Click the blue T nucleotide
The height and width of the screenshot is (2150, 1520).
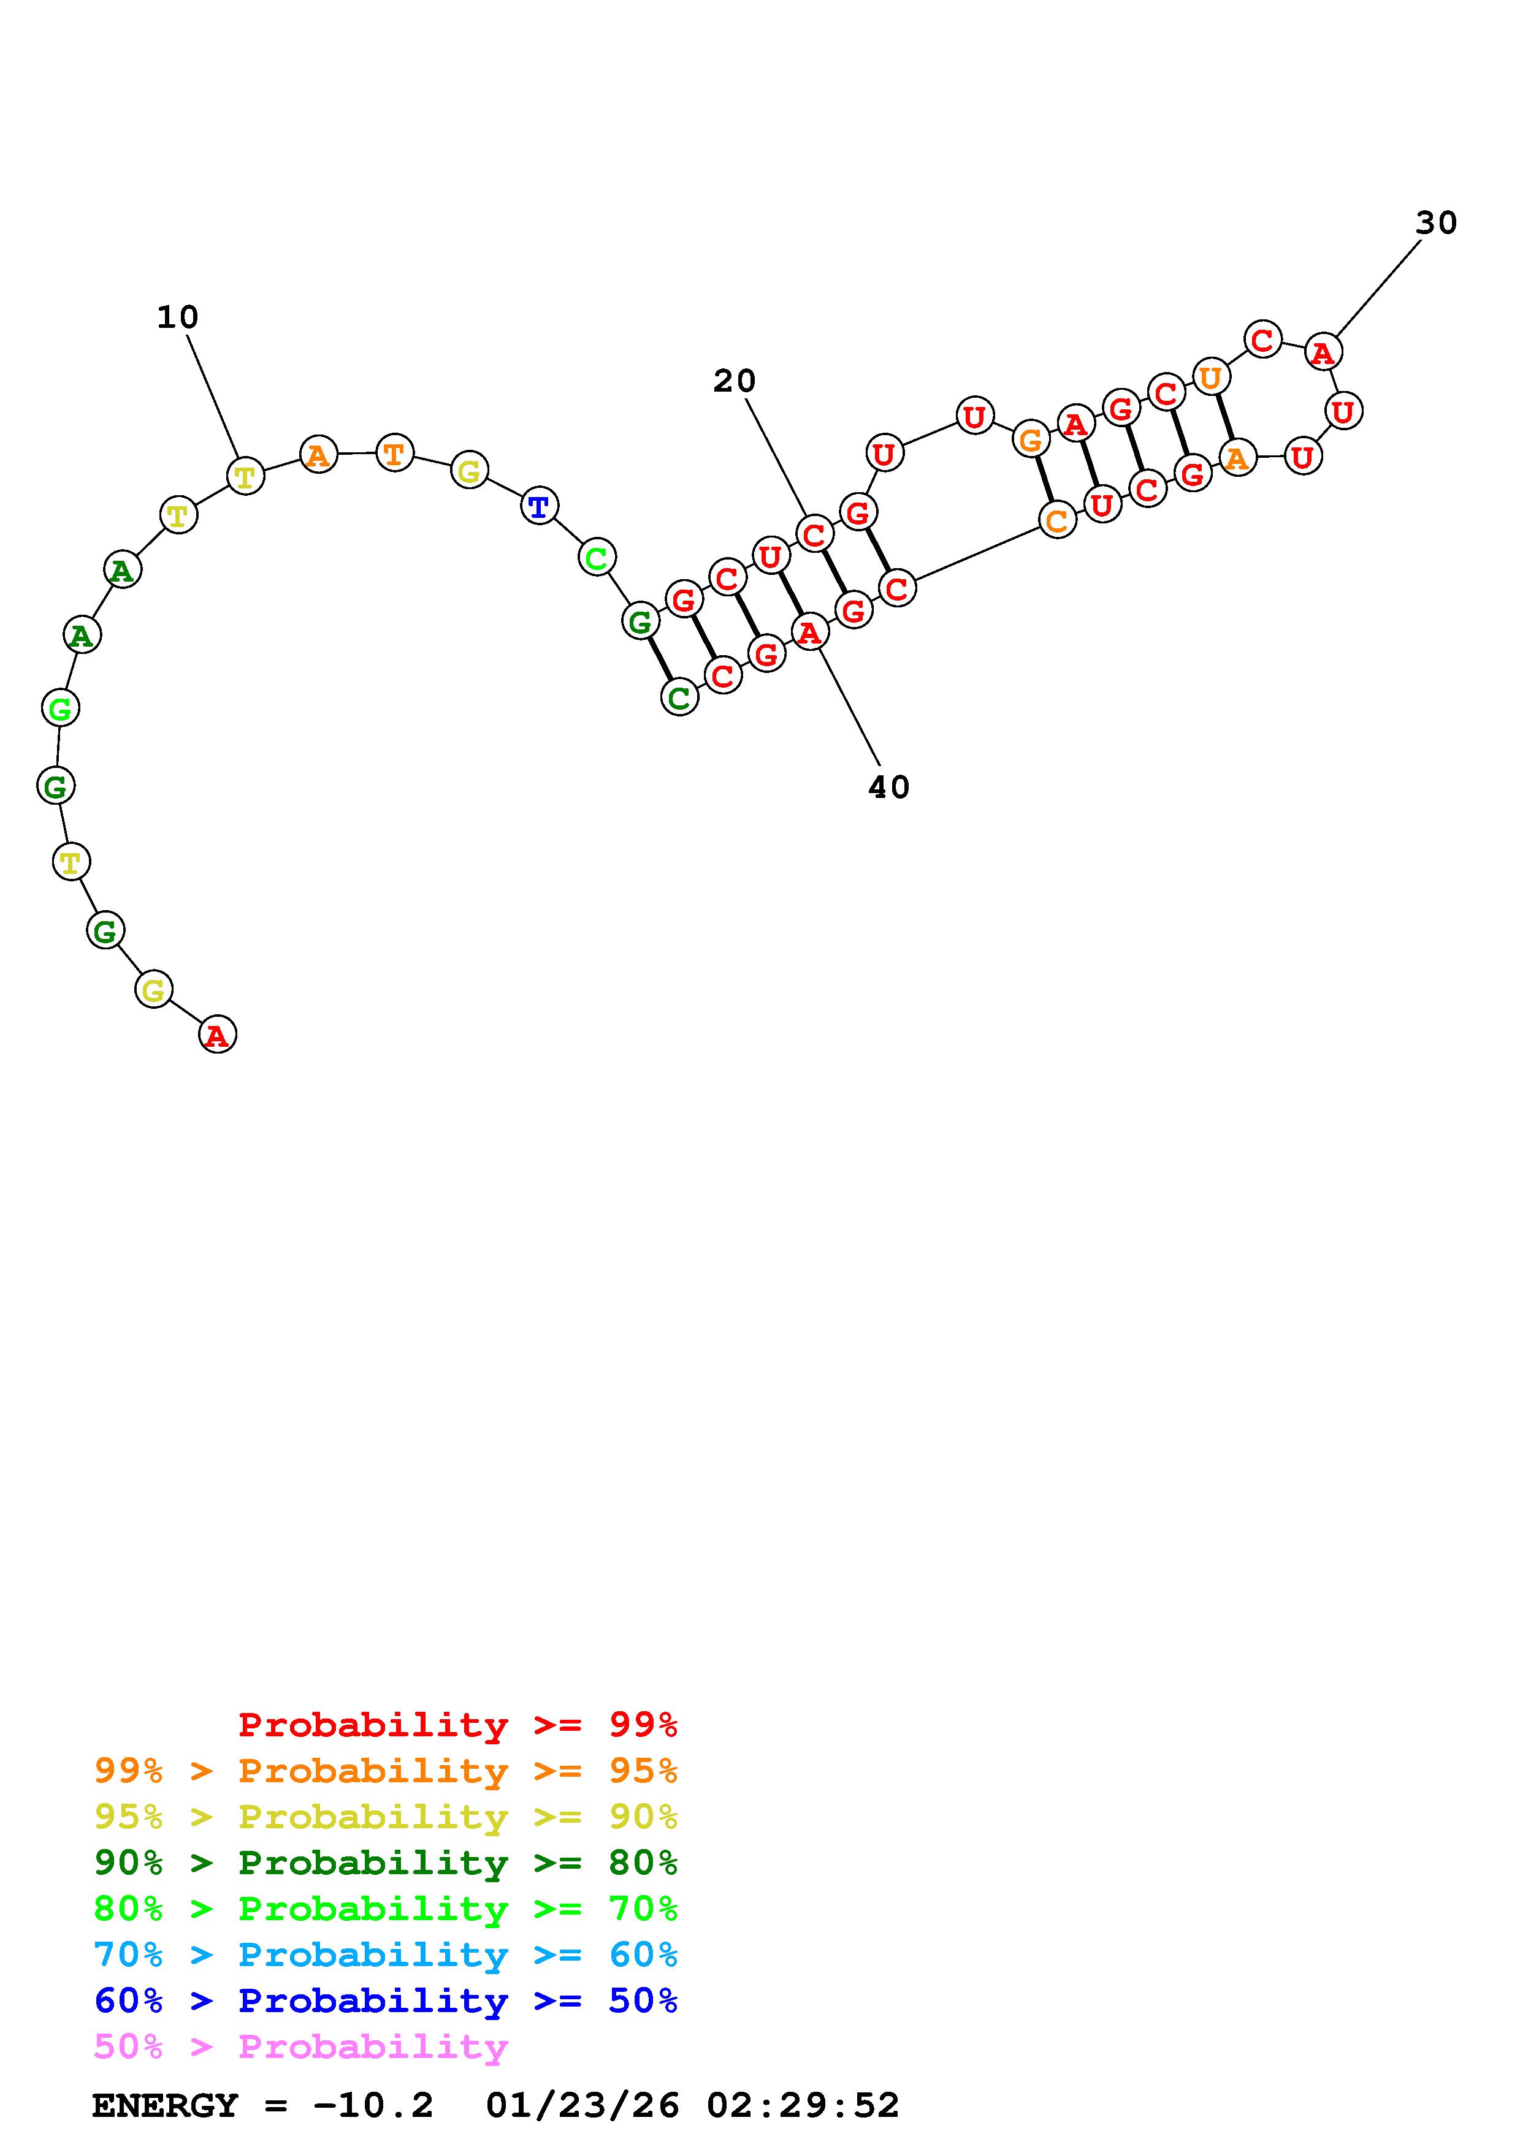tap(540, 507)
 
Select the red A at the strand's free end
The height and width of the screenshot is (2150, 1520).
tap(217, 1035)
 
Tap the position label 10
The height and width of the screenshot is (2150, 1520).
tap(178, 317)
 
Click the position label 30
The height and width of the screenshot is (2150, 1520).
tap(1436, 223)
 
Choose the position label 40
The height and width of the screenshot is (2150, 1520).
tap(889, 788)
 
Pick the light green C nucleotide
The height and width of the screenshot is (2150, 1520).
tap(597, 559)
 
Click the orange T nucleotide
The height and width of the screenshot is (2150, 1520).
tap(394, 454)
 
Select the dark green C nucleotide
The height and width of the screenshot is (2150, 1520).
tap(680, 697)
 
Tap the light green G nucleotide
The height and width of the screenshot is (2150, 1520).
tap(61, 708)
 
